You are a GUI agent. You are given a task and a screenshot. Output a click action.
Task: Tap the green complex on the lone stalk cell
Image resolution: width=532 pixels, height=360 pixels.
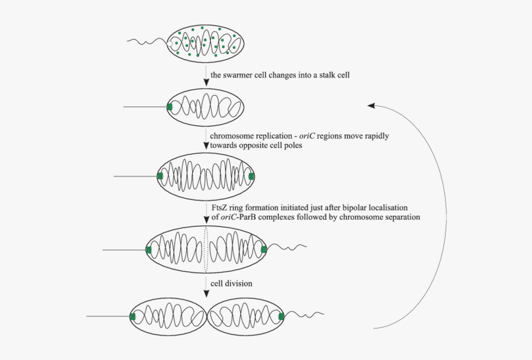[170, 107]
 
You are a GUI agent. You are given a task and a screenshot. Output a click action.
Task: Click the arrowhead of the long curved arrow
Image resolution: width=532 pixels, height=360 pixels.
[371, 105]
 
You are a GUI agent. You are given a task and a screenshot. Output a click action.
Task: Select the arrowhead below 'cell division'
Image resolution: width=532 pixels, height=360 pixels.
[206, 294]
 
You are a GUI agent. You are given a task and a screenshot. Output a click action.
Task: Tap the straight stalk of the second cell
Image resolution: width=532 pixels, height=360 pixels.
[145, 107]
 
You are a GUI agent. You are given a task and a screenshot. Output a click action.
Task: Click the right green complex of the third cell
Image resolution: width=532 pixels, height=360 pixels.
[252, 176]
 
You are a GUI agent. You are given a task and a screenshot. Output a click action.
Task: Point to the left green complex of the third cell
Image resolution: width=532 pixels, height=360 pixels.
[160, 176]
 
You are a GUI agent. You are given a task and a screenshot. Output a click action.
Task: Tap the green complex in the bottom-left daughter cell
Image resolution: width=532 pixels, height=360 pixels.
[133, 317]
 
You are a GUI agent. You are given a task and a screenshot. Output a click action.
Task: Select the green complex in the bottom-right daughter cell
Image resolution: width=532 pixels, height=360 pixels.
[281, 317]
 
